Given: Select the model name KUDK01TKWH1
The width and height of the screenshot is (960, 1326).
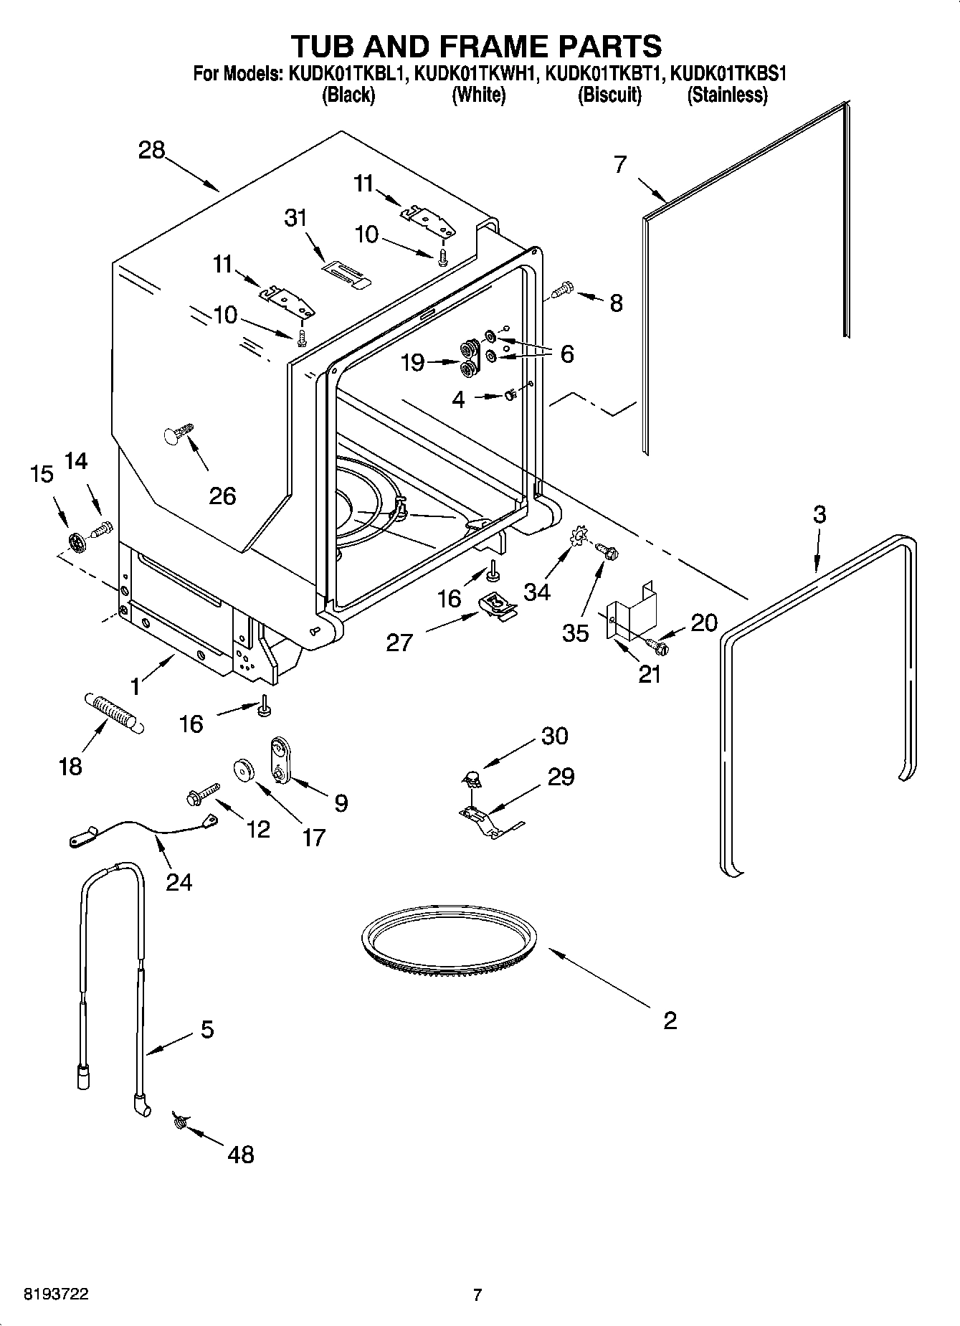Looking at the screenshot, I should point(476,73).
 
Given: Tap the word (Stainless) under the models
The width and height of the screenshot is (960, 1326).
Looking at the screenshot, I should point(727,95).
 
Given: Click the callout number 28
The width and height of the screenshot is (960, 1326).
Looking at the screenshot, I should point(151,151).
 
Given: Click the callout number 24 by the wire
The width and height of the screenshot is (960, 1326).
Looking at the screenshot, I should point(179,881).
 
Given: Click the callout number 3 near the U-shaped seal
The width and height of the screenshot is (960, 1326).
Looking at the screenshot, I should point(819,514).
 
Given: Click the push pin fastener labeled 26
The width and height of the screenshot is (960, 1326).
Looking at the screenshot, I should point(179,434).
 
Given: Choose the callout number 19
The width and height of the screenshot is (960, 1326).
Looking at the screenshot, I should point(413,363).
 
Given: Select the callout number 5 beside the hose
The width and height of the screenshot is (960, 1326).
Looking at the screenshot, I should point(206,1030).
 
